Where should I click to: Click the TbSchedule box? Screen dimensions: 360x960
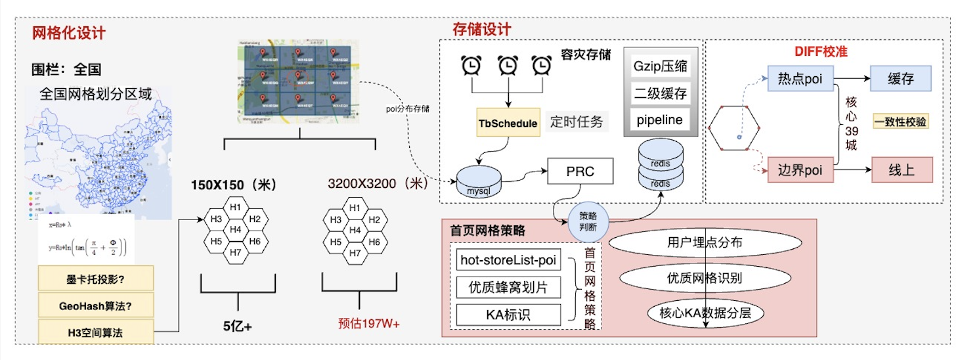pyautogui.click(x=508, y=123)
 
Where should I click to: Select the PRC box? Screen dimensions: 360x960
pyautogui.click(x=580, y=171)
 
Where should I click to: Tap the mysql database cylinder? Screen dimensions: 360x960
pyautogui.click(x=478, y=181)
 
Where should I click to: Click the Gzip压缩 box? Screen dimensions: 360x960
pyautogui.click(x=660, y=67)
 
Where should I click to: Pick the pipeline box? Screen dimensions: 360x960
pyautogui.click(x=660, y=120)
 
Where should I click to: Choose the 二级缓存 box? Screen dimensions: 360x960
pyautogui.click(x=660, y=93)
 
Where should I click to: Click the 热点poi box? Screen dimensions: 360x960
pyautogui.click(x=800, y=79)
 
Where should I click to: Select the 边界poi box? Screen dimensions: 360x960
pyautogui.click(x=800, y=170)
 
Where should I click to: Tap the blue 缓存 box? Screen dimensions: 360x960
pyautogui.click(x=901, y=79)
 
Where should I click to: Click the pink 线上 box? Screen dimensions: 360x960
pyautogui.click(x=901, y=170)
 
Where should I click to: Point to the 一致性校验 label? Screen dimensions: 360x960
pyautogui.click(x=900, y=122)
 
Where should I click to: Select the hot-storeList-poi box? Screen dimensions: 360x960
pyautogui.click(x=508, y=260)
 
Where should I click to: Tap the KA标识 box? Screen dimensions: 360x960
pyautogui.click(x=508, y=315)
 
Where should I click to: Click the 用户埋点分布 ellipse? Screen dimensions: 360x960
pyautogui.click(x=705, y=242)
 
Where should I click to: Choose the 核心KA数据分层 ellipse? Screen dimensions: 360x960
pyautogui.click(x=705, y=313)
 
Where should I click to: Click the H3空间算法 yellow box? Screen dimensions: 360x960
pyautogui.click(x=96, y=332)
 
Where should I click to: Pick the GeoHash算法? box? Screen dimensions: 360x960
pyautogui.click(x=96, y=305)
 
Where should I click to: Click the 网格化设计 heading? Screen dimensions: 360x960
pyautogui.click(x=69, y=33)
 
